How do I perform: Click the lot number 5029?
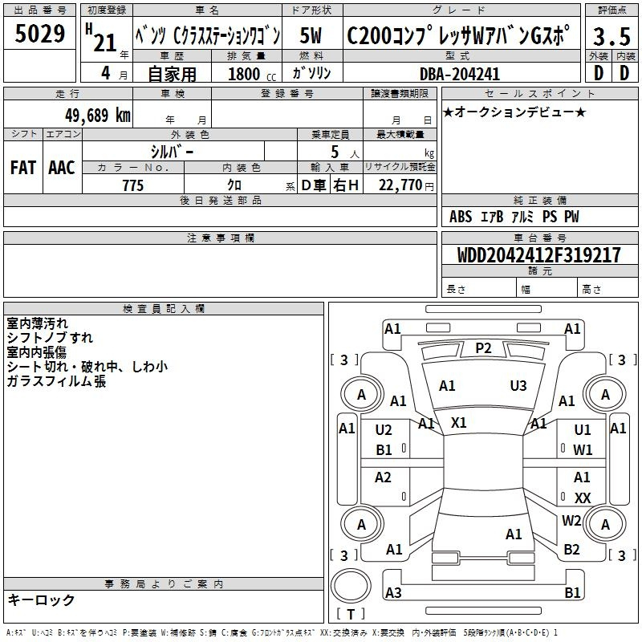[39, 33]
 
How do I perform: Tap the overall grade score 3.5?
[612, 36]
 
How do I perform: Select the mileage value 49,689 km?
[97, 115]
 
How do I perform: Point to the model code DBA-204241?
[460, 74]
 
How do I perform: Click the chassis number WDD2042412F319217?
[538, 255]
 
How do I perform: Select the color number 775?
[133, 185]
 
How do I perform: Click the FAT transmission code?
[23, 168]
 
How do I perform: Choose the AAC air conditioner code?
[62, 168]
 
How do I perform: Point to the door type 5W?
[311, 35]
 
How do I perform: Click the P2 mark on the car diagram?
[483, 348]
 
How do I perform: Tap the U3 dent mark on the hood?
[518, 385]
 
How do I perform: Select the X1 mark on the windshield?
[458, 423]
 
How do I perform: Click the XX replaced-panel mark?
[583, 498]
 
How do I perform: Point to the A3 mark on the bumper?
[393, 592]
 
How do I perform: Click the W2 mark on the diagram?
[571, 520]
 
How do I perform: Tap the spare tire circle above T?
[351, 586]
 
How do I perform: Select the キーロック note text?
[41, 599]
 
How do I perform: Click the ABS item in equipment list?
[461, 217]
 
